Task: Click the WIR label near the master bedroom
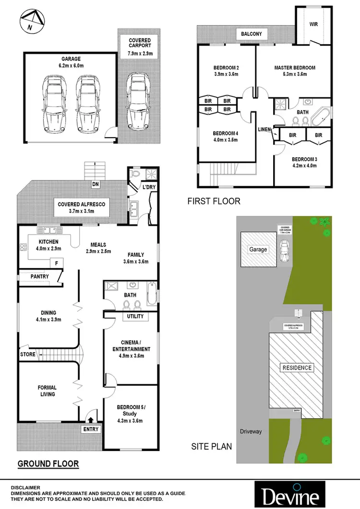[313, 24]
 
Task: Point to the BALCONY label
[252, 34]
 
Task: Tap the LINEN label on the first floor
[264, 130]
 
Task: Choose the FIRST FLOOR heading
[214, 201]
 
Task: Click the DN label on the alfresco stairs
[96, 184]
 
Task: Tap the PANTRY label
[36, 277]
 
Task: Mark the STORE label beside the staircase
[27, 355]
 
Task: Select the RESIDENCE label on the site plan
[296, 368]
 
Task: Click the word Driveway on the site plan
[251, 431]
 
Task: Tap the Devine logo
[292, 493]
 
